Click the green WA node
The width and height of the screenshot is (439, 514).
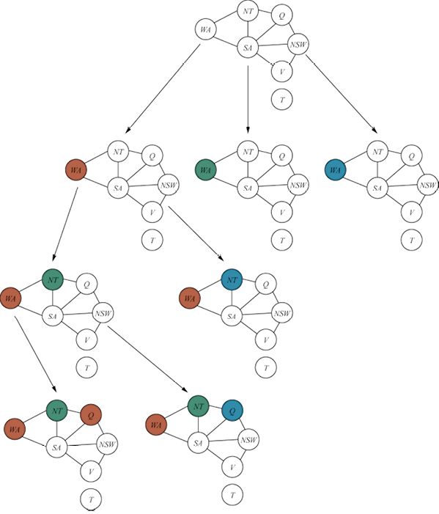pos(205,170)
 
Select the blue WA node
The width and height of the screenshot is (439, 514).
pos(335,170)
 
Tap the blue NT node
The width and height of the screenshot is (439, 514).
pos(232,279)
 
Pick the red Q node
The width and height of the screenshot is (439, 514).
pos(91,415)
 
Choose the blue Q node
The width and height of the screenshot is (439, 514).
pos(232,411)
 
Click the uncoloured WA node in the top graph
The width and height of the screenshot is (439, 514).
pos(205,29)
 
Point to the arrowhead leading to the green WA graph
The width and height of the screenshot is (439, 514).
pos(248,130)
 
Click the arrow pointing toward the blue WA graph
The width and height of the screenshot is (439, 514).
pos(342,94)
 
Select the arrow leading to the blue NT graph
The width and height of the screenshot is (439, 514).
pos(196,233)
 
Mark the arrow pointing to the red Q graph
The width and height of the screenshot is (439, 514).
pos(35,354)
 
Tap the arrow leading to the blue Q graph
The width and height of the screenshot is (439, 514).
pos(147,359)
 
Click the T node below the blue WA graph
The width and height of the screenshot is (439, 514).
pos(411,240)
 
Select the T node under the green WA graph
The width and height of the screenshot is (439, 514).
pos(281,240)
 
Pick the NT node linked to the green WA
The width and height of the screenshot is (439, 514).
pos(248,152)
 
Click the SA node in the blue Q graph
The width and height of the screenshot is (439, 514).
pos(198,443)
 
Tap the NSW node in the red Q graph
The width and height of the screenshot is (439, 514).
pos(107,444)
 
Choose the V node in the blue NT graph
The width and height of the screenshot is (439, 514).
pos(266,340)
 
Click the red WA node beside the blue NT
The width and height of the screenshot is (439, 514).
pos(190,298)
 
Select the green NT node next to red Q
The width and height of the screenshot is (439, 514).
pos(57,411)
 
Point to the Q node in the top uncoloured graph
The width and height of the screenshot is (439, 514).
pos(281,15)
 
